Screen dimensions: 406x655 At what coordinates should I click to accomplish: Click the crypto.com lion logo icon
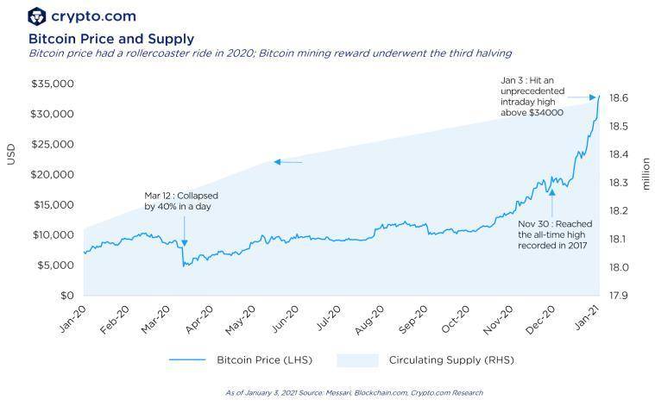click(x=37, y=16)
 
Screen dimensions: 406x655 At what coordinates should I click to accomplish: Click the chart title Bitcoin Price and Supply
click(x=111, y=39)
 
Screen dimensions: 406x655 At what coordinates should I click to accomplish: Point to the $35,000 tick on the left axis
click(x=54, y=84)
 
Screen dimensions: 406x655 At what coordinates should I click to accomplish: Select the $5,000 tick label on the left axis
click(x=56, y=265)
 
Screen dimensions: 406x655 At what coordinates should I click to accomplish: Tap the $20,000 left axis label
click(x=54, y=175)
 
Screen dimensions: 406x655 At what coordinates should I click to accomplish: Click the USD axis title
click(x=11, y=155)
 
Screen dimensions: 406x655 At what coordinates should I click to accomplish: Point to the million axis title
click(x=645, y=172)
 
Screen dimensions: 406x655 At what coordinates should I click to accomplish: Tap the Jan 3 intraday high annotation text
click(x=532, y=96)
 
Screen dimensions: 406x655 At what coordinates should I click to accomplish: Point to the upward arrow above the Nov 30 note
click(x=552, y=199)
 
